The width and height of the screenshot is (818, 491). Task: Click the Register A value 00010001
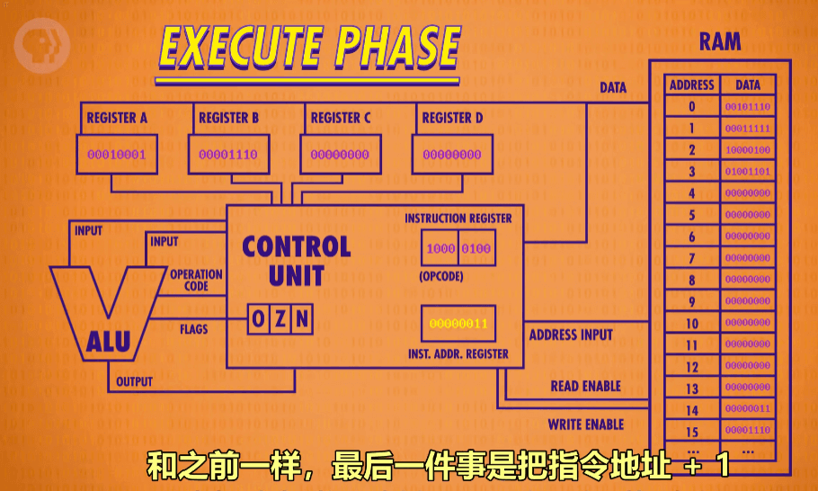pyautogui.click(x=116, y=155)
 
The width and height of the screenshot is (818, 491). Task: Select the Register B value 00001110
pyautogui.click(x=227, y=155)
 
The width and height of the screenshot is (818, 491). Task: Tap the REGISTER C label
pyautogui.click(x=341, y=118)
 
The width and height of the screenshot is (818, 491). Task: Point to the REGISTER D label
pyautogui.click(x=452, y=118)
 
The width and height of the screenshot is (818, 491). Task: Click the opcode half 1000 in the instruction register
pyautogui.click(x=440, y=248)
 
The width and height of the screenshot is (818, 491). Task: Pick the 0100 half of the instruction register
pyautogui.click(x=476, y=248)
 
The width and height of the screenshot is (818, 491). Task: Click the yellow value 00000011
pyautogui.click(x=458, y=323)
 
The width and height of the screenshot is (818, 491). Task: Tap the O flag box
pyautogui.click(x=259, y=318)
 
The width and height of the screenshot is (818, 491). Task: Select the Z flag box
pyautogui.click(x=280, y=318)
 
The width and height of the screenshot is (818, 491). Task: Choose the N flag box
pyautogui.click(x=302, y=318)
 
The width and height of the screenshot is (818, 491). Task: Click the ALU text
pyautogui.click(x=108, y=341)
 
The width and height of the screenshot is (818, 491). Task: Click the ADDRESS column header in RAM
pyautogui.click(x=692, y=85)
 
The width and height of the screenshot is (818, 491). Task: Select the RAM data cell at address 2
pyautogui.click(x=748, y=150)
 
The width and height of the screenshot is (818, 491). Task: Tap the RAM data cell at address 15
pyautogui.click(x=748, y=431)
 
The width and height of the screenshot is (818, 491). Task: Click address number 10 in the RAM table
pyautogui.click(x=692, y=323)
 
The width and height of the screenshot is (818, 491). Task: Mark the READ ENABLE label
pyautogui.click(x=585, y=386)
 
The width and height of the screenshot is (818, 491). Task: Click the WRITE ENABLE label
pyautogui.click(x=585, y=424)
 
